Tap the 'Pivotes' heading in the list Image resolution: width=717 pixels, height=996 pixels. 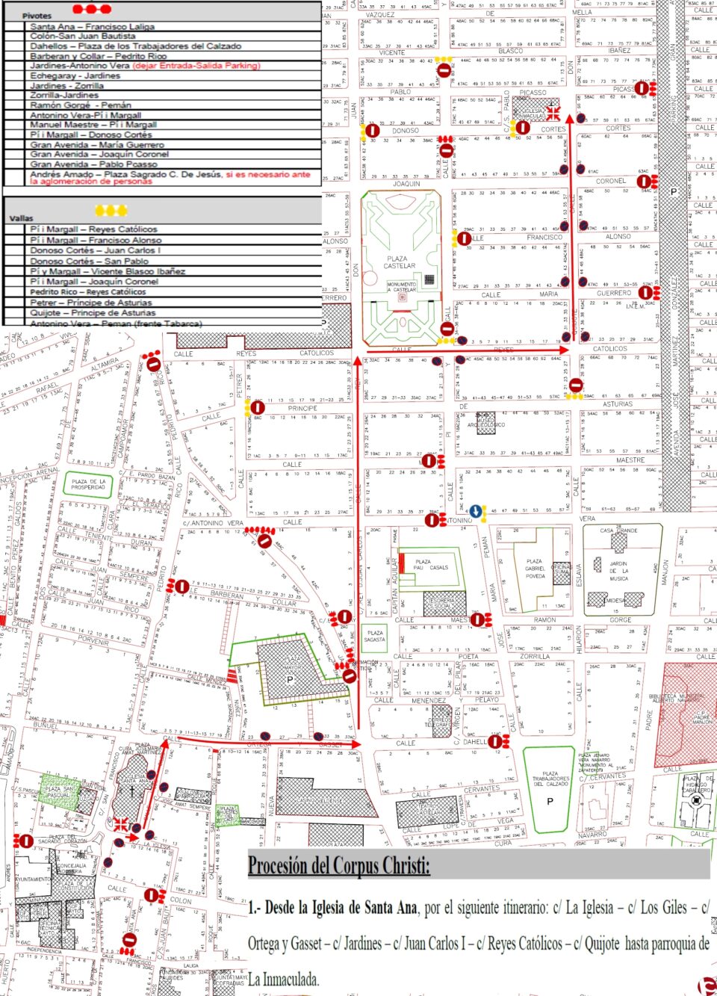coord(37,15)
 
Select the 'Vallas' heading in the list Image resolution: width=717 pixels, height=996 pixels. coord(22,218)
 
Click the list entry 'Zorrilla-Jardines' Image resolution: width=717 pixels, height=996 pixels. coord(64,96)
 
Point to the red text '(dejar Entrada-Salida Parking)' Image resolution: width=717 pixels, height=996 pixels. coord(196,66)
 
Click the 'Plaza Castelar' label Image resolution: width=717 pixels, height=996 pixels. coord(400,262)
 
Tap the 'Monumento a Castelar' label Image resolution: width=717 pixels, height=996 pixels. coord(401,287)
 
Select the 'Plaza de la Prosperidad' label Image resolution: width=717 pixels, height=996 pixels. coord(88,484)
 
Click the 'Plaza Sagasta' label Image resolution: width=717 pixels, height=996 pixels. coord(375,636)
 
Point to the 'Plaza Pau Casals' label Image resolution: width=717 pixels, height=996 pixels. coord(431,564)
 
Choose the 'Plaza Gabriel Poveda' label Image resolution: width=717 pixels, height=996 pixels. coord(535,569)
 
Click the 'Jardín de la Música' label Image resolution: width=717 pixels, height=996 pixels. coord(619,571)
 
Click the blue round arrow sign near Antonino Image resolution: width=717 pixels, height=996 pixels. coord(476,511)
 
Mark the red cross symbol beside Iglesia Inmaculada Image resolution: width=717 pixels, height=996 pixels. coord(553,113)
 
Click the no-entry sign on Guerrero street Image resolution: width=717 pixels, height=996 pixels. coord(645,293)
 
